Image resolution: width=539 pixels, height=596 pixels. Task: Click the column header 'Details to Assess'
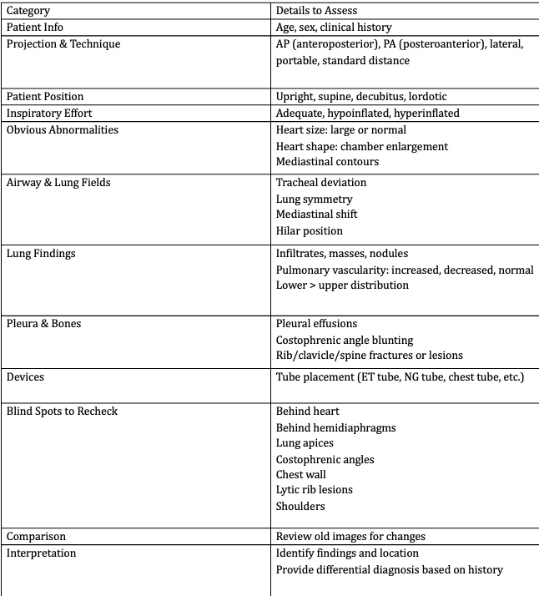(x=316, y=11)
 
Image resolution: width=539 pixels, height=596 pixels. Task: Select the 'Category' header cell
(x=28, y=11)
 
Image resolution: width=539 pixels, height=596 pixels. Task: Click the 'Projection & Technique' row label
(x=63, y=43)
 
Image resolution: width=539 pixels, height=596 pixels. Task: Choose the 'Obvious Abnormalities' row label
(x=63, y=129)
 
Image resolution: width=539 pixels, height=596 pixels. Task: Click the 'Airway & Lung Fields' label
(x=58, y=182)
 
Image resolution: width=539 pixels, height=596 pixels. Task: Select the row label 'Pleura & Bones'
(x=44, y=323)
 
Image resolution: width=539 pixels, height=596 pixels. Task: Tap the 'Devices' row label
(x=26, y=376)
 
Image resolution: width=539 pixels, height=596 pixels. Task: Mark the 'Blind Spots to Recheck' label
(x=63, y=412)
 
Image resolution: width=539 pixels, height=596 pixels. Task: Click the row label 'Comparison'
(x=36, y=536)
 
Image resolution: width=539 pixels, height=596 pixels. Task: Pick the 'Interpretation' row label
(x=42, y=553)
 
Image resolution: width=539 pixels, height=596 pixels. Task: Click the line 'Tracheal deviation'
(x=321, y=182)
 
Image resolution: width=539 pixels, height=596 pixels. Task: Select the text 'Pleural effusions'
(x=317, y=323)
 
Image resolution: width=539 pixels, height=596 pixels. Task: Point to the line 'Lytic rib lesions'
(x=315, y=489)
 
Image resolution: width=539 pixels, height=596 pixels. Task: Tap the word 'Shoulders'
(x=300, y=506)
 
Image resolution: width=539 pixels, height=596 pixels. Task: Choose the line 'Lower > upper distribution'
(x=342, y=285)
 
